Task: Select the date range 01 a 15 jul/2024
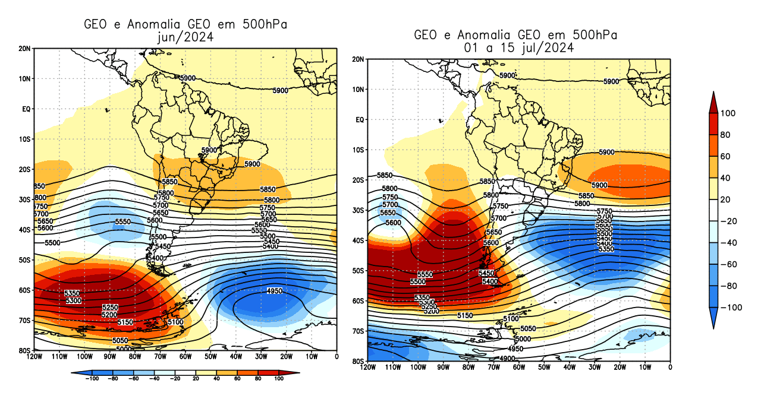pos(515,48)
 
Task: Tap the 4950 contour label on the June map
pos(275,291)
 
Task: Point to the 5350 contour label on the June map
pos(72,293)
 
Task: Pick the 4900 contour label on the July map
pos(508,359)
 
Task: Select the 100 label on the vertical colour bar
pos(728,113)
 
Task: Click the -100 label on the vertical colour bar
pos(731,308)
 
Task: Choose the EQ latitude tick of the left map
pos(26,109)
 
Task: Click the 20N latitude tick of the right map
pos(359,59)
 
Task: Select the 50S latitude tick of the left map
pos(25,260)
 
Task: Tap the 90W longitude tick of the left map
pos(110,356)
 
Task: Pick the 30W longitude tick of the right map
pos(594,367)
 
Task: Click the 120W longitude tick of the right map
pos(368,367)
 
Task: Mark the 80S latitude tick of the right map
pos(359,361)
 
